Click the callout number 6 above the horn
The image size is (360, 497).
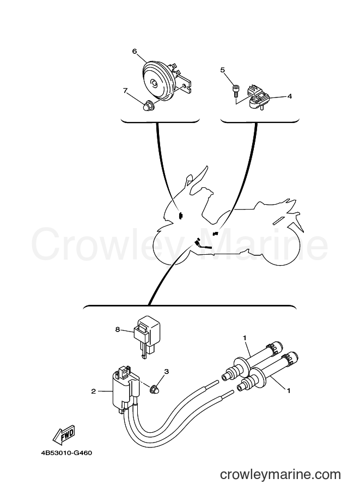135,51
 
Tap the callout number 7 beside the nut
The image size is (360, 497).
125,91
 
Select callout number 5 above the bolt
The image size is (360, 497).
222,70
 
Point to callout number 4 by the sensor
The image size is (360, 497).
290,96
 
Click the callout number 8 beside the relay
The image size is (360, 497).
118,330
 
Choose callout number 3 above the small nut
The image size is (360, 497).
167,371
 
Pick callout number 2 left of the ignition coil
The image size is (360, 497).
93,391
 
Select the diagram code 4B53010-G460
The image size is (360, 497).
66,452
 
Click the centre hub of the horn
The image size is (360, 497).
154,84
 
